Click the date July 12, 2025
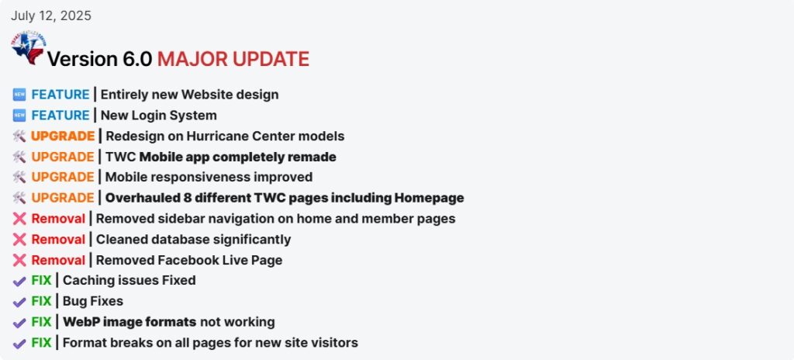51,16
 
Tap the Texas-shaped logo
29,48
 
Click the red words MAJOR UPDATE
233,59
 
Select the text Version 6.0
99,59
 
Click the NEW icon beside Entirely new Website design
19,95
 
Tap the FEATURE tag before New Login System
60,116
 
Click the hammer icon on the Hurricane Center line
19,136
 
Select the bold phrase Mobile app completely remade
237,157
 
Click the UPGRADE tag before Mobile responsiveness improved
63,178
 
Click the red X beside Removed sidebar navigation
19,219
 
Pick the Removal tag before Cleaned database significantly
58,239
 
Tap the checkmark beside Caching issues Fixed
19,281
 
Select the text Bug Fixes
93,301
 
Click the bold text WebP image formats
129,322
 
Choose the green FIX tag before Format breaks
42,343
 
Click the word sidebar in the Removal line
189,219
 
